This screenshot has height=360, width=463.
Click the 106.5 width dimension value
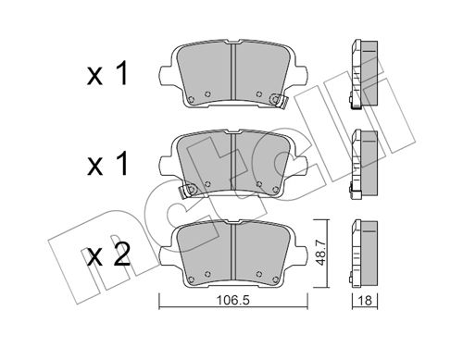coord(232,301)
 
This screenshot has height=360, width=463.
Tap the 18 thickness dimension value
coord(365,301)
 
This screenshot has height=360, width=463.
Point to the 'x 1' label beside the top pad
coord(107,73)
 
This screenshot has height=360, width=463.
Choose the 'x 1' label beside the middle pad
coord(107,165)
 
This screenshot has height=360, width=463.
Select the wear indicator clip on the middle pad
coord(188,191)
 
